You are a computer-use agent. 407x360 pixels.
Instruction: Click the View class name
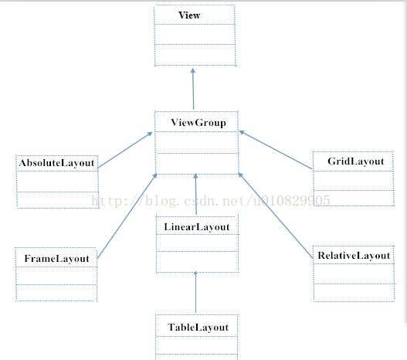click(x=189, y=15)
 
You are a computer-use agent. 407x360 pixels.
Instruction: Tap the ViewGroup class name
click(x=198, y=123)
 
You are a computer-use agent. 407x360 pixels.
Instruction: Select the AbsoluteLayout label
click(x=56, y=163)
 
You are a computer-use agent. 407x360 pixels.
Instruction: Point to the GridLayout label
click(x=355, y=161)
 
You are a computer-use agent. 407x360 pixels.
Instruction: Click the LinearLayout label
click(x=197, y=227)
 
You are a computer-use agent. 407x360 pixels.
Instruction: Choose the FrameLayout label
click(x=56, y=259)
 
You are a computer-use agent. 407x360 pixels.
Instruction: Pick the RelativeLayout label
click(x=354, y=256)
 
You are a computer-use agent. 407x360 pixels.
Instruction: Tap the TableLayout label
click(x=198, y=328)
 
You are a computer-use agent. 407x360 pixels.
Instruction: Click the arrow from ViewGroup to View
click(x=193, y=89)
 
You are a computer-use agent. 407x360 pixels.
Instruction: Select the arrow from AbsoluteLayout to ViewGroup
click(x=125, y=150)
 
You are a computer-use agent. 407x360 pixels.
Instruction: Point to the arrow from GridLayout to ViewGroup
click(x=276, y=150)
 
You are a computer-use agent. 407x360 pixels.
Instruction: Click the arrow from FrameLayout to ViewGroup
click(x=127, y=216)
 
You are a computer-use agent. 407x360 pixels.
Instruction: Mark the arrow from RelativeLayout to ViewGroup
click(x=276, y=216)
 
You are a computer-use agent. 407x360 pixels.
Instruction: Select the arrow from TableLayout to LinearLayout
click(x=195, y=292)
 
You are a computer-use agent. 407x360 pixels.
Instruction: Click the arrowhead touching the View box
click(x=193, y=70)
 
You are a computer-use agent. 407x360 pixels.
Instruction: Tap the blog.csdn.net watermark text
click(x=211, y=201)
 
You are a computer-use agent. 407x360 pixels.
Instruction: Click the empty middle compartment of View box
click(x=195, y=35)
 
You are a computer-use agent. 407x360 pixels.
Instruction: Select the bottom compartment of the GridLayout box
click(x=354, y=198)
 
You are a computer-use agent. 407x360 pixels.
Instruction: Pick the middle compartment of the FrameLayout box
click(x=56, y=276)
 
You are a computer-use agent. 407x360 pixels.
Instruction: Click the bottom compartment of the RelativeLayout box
click(x=354, y=293)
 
